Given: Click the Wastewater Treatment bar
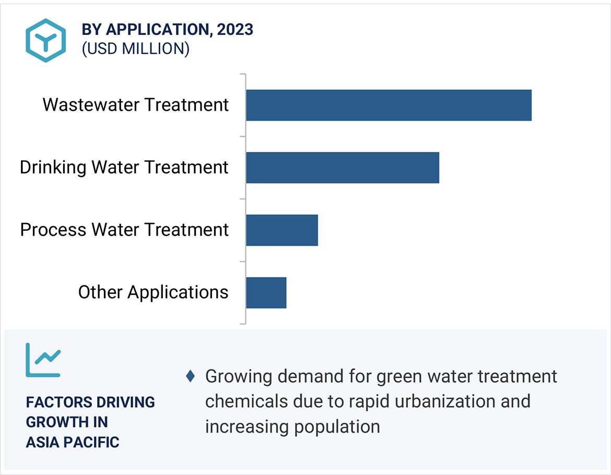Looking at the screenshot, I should (x=389, y=105).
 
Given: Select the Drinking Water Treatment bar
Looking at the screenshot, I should (x=343, y=168).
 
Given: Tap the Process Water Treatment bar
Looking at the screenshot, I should (x=282, y=230).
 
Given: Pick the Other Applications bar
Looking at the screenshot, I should (x=266, y=293).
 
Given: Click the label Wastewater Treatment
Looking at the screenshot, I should (x=136, y=105).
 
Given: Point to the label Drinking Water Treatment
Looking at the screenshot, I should (x=124, y=168).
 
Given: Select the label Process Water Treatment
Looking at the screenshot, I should (x=124, y=230).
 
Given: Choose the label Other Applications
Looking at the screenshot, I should (x=154, y=292).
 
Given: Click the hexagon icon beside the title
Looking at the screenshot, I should (x=46, y=40).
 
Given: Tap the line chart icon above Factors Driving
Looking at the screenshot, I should (x=43, y=360).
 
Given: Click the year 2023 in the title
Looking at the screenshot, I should (x=235, y=30).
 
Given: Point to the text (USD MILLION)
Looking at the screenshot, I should (x=135, y=49).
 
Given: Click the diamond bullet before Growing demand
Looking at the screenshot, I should (x=191, y=376).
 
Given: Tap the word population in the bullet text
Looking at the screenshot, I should (x=337, y=426).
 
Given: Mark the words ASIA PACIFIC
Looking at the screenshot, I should (x=73, y=442).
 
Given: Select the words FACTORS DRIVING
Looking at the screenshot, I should (x=90, y=402).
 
